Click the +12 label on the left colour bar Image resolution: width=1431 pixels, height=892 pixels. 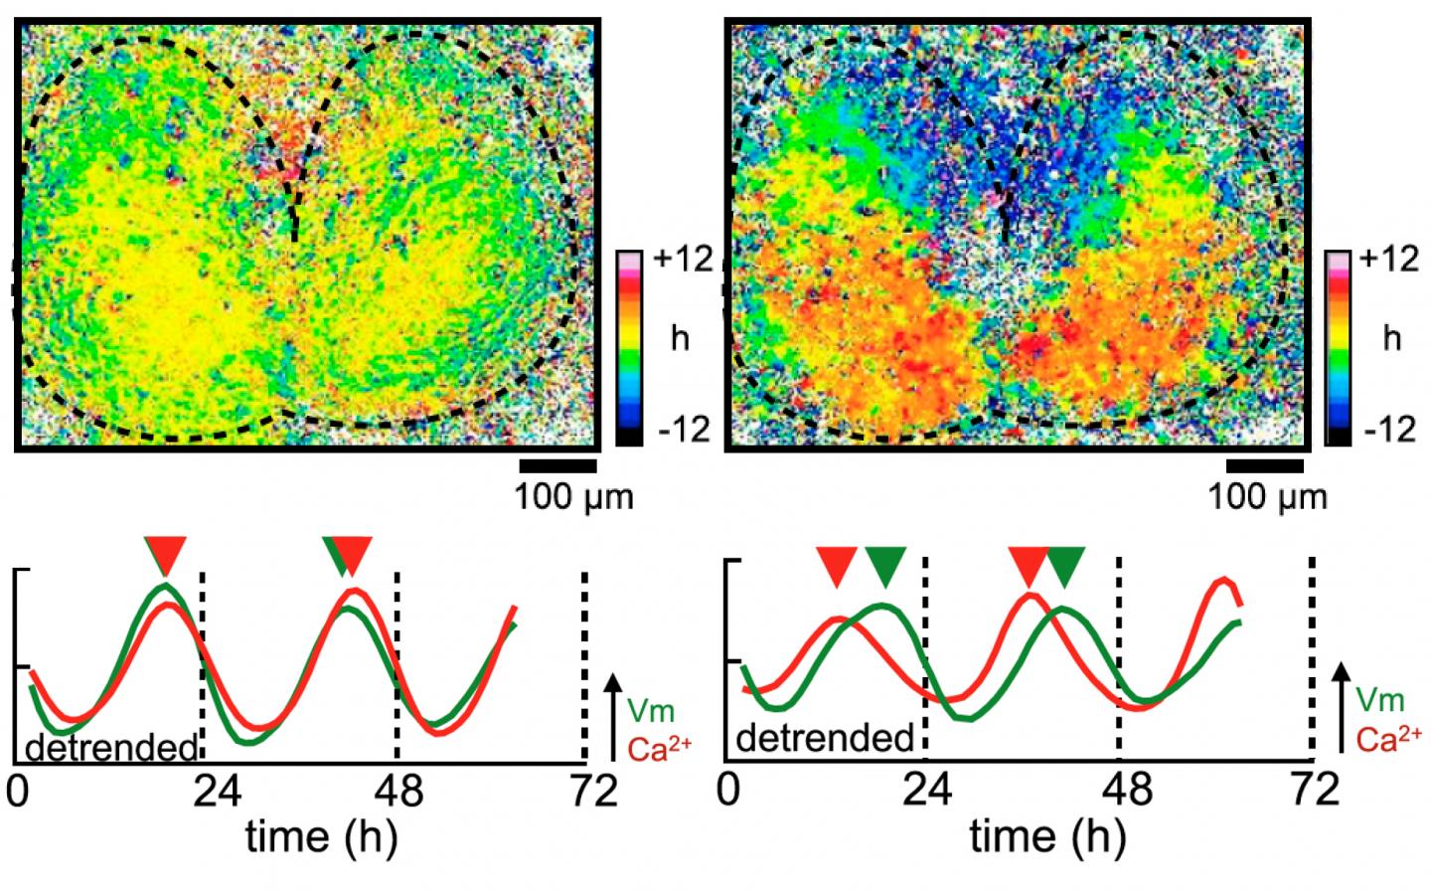click(x=684, y=261)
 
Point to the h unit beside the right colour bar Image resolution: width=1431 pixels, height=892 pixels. click(x=1391, y=338)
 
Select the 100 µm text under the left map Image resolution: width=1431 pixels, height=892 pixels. click(x=572, y=495)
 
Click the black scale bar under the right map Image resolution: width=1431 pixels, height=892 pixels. click(x=1264, y=465)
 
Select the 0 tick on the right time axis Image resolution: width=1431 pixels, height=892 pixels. click(x=730, y=792)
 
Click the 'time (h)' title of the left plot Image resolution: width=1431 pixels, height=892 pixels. click(x=322, y=835)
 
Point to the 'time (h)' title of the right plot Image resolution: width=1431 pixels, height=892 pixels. click(x=1047, y=835)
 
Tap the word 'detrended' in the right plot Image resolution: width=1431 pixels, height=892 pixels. click(x=825, y=739)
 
